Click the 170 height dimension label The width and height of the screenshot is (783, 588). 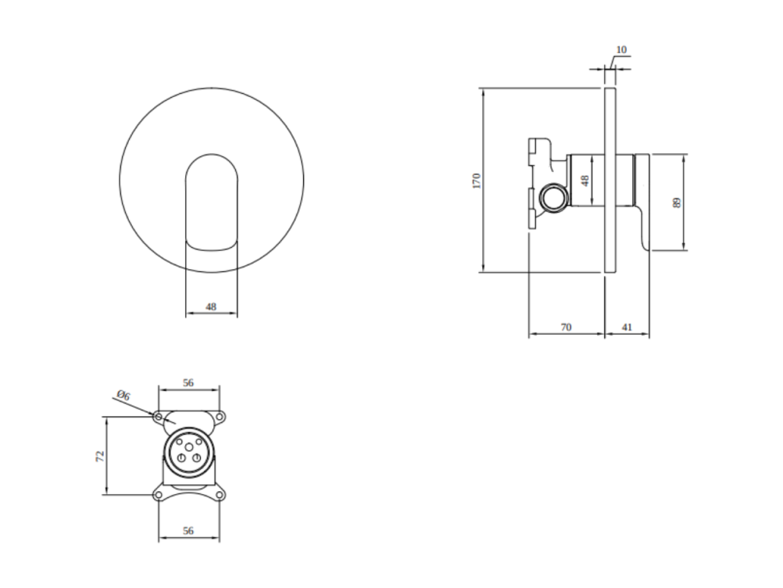click(477, 181)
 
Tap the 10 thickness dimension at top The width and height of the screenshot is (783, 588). click(621, 49)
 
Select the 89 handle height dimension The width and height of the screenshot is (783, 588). click(677, 203)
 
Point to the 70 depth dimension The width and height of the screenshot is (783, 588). click(566, 327)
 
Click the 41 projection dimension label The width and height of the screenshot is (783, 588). click(627, 327)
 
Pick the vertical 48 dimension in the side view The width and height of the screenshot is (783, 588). click(586, 180)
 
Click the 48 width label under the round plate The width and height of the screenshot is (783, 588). click(211, 307)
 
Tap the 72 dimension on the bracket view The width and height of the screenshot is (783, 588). click(100, 456)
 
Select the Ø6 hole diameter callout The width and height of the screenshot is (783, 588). click(123, 396)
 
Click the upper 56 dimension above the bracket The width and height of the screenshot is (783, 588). click(188, 383)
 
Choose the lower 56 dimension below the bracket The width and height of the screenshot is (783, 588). click(188, 531)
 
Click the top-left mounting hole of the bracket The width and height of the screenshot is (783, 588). click(159, 416)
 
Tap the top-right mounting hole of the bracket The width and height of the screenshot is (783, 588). click(220, 416)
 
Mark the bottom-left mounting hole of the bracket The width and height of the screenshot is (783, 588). click(159, 495)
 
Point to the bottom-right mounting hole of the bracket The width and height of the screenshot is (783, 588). click(220, 495)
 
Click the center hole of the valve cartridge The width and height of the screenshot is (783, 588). click(189, 446)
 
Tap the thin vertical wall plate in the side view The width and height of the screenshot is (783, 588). click(610, 181)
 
